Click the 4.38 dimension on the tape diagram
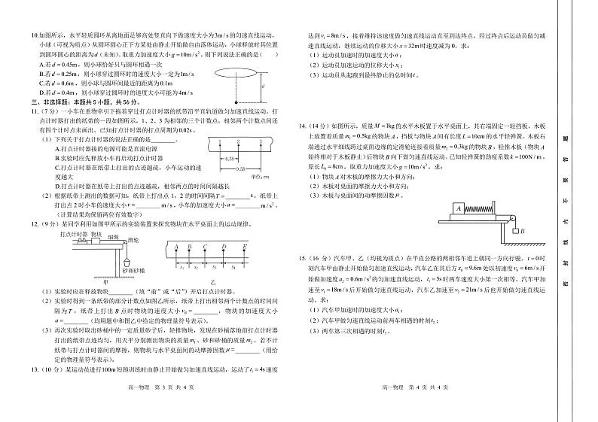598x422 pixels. pyautogui.click(x=210, y=159)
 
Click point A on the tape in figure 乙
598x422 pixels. pyautogui.click(x=175, y=246)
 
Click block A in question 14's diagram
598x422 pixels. pyautogui.click(x=459, y=208)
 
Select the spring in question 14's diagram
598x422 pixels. pyautogui.click(x=481, y=208)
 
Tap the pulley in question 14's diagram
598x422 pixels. pyautogui.click(x=515, y=216)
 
